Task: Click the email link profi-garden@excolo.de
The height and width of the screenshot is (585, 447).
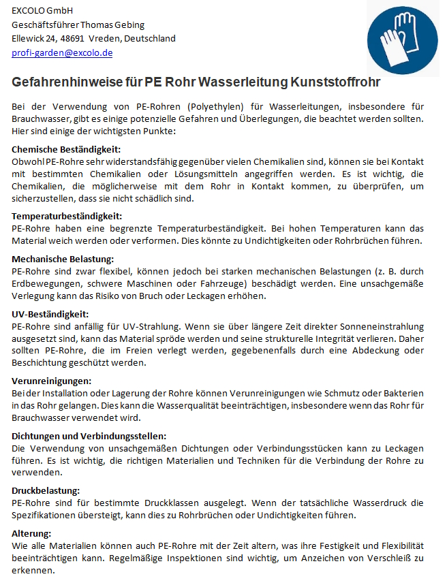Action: pos(62,52)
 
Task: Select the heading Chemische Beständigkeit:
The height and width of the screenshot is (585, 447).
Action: pos(66,149)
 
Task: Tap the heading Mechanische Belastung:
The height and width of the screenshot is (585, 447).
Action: pos(63,259)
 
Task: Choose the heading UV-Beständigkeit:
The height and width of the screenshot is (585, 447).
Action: pos(50,314)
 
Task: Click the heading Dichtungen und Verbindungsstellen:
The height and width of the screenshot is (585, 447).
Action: pos(89,436)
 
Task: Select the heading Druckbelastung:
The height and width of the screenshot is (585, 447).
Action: pos(46,490)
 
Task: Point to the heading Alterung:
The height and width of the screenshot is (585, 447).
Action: pos(31,533)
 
